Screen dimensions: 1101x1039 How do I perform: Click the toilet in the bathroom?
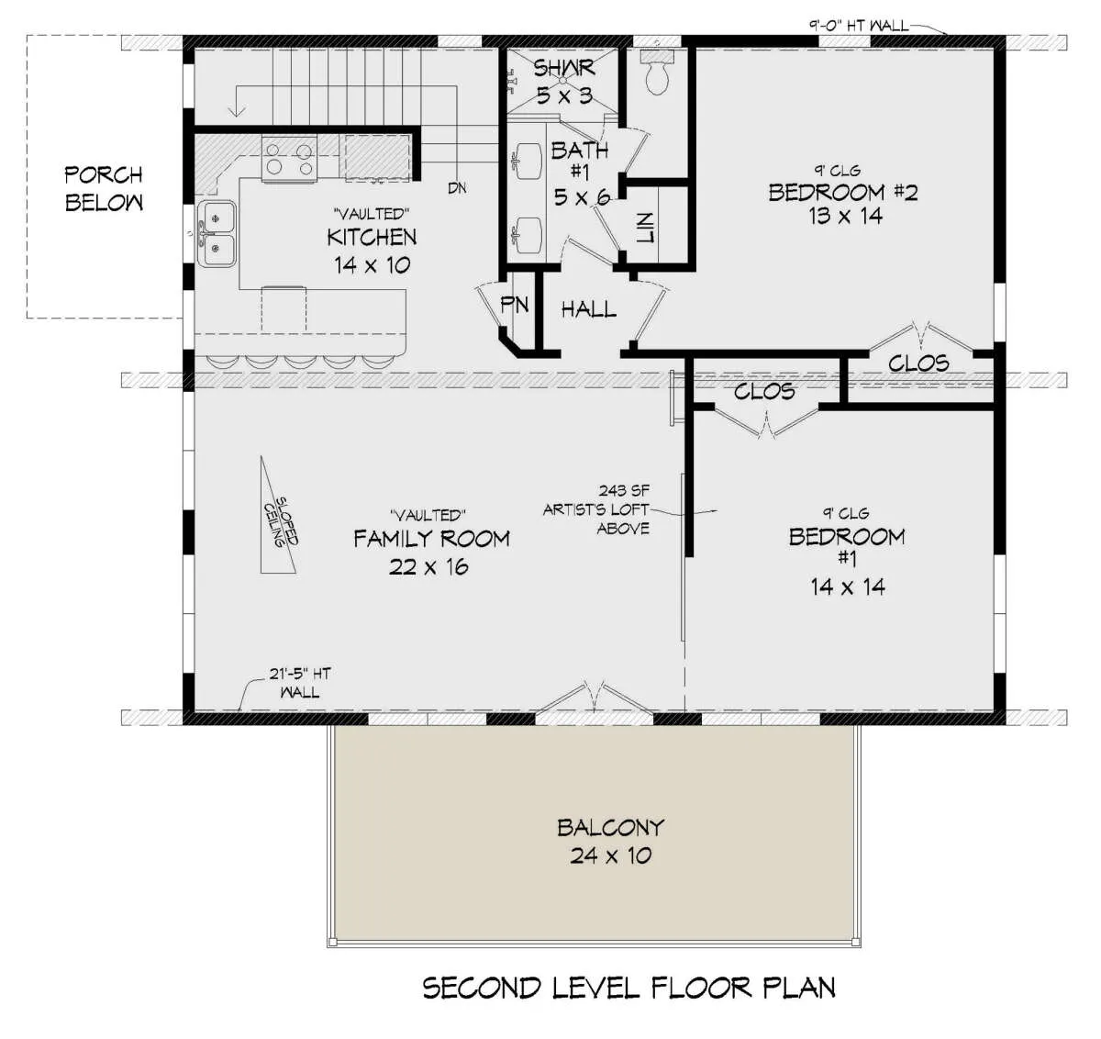point(658,73)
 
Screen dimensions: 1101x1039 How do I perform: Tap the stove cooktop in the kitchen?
point(289,159)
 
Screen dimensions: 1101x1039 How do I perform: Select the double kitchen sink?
point(217,234)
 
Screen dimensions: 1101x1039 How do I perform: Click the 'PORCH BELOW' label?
point(104,188)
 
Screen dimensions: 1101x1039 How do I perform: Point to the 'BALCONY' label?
point(610,828)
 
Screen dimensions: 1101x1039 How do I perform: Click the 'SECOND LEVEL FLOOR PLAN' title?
point(628,988)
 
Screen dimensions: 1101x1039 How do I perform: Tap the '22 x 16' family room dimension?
point(428,567)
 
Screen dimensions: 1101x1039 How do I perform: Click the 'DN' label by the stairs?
point(457,188)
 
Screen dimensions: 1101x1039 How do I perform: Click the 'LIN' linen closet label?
point(645,228)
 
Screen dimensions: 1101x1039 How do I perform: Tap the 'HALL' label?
point(589,309)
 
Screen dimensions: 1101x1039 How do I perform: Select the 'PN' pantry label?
point(515,305)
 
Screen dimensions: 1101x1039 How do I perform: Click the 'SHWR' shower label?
point(564,68)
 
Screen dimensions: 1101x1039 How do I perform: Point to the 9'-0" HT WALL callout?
point(858,26)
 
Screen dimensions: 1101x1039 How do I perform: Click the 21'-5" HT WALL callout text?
point(300,682)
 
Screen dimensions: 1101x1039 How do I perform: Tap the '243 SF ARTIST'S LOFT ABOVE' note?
point(596,509)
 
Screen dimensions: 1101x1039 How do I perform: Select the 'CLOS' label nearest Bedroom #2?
point(918,363)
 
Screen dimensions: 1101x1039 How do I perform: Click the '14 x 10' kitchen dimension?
point(372,265)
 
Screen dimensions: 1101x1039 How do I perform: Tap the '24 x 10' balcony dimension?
point(610,855)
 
